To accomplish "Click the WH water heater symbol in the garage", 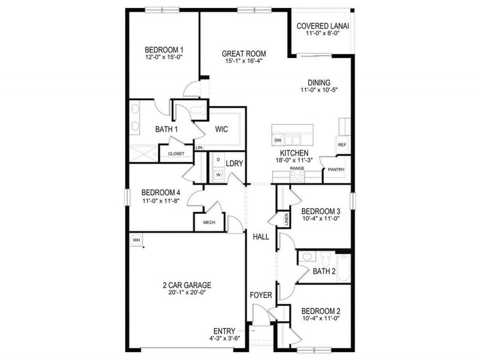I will click(x=135, y=240).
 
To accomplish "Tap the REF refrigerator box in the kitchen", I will click(x=341, y=144).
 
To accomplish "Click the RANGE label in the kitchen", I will click(x=297, y=168).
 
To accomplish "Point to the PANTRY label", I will click(x=336, y=170).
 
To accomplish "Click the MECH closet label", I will click(x=209, y=222).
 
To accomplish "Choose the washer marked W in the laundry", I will click(x=218, y=174).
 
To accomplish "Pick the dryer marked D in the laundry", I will click(x=218, y=159).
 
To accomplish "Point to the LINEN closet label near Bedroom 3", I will click(x=286, y=219).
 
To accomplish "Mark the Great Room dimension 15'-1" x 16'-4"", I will click(x=244, y=61).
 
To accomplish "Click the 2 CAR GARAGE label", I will click(x=187, y=285).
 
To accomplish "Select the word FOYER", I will click(x=261, y=295).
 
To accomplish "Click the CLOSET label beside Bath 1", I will click(x=176, y=154).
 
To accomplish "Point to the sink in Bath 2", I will click(x=307, y=257).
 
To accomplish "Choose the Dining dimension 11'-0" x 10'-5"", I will click(x=319, y=90).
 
